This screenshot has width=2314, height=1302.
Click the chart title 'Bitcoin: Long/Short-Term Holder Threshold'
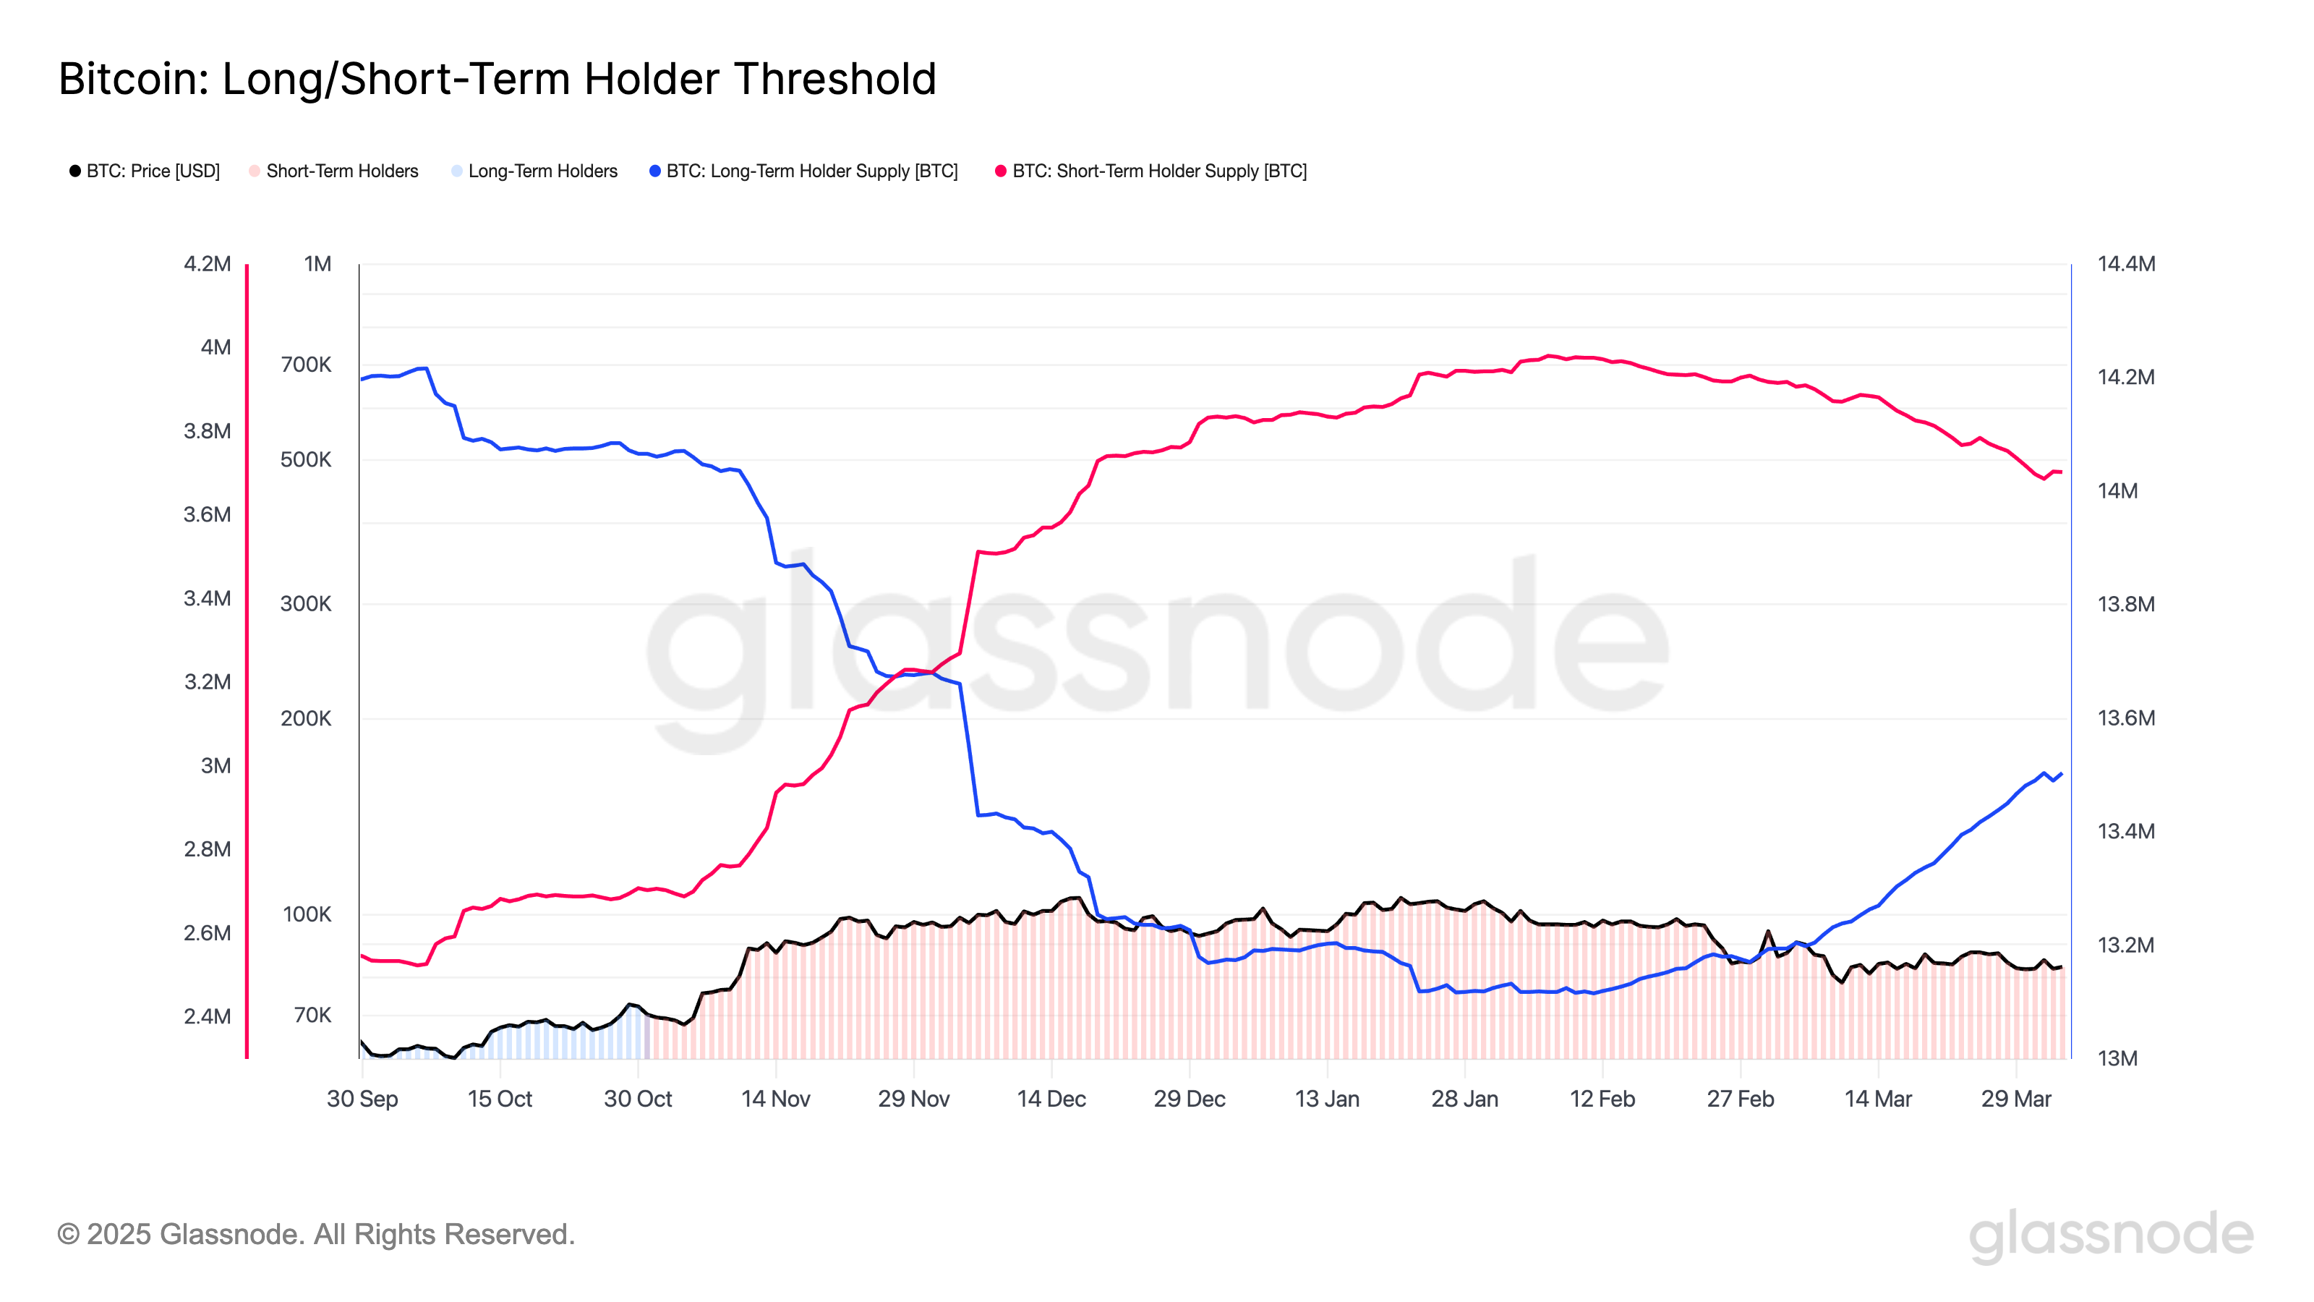coord(497,79)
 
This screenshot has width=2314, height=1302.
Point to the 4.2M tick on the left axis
coord(207,263)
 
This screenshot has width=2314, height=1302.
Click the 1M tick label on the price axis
coord(317,263)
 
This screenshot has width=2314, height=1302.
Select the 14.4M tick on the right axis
coord(2125,263)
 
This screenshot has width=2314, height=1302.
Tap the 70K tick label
coord(312,1014)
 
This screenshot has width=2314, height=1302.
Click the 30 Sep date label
coord(362,1098)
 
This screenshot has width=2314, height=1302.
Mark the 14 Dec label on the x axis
coord(1051,1098)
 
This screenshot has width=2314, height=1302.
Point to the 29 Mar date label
coord(2016,1098)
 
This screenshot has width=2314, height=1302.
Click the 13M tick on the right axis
coord(2117,1058)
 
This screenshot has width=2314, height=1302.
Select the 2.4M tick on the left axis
coord(207,1016)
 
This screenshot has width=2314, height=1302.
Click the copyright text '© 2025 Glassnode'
coord(315,1234)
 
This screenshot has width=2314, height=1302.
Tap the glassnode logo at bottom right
coord(2110,1234)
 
